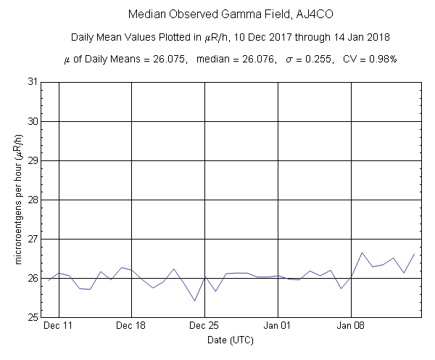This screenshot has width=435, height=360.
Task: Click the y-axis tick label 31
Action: [x=31, y=82]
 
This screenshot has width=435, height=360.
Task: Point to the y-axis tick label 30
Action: [x=31, y=121]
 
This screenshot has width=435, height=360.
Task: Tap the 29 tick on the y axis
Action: [x=31, y=160]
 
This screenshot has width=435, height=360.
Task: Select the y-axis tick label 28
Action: [x=31, y=200]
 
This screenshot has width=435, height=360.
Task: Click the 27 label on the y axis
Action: [x=31, y=239]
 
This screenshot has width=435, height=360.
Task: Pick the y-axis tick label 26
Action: [x=31, y=278]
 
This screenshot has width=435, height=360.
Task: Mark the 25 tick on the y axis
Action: [x=31, y=317]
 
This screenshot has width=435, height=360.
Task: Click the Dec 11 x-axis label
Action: [x=58, y=327]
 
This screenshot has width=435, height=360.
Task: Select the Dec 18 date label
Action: [x=131, y=327]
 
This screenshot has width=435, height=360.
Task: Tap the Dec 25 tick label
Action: [x=204, y=327]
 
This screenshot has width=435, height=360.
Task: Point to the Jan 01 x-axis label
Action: [x=278, y=327]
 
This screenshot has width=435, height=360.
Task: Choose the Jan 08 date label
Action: [x=352, y=327]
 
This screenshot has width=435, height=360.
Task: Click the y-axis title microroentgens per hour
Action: [x=17, y=200]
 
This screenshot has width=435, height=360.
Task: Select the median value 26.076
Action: [x=260, y=60]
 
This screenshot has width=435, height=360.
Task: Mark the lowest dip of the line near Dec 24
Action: [x=194, y=300]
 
